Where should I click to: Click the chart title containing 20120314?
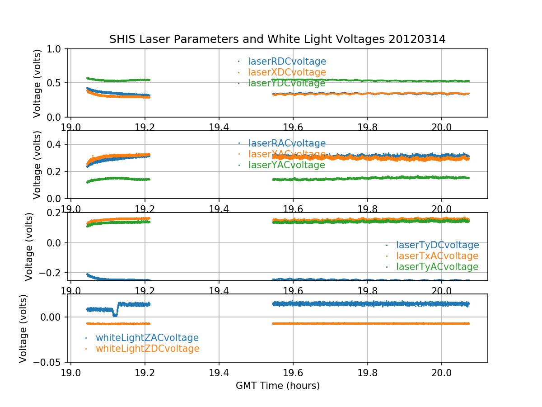277,39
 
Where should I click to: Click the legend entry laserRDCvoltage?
287,62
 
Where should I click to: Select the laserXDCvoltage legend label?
287,72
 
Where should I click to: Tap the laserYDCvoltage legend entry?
287,83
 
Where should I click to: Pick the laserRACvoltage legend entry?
287,143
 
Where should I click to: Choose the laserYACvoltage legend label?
287,165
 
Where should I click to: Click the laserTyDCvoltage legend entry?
437,245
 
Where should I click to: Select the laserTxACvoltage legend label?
437,256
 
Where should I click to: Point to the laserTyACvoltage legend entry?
437,267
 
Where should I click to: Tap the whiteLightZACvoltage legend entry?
147,338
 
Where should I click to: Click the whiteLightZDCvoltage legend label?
148,349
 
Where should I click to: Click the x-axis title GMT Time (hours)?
277,386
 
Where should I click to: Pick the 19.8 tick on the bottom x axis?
367,372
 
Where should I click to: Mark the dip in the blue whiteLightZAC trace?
115,314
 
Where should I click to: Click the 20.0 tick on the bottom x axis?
441,372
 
